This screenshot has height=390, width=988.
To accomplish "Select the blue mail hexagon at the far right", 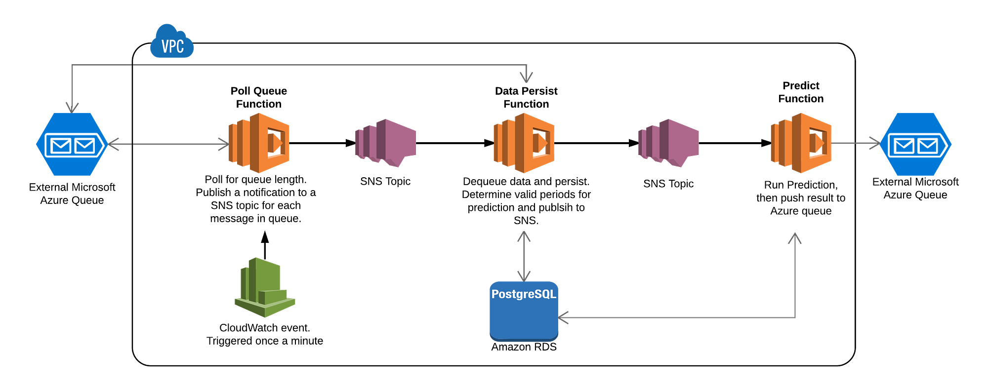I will [916, 144].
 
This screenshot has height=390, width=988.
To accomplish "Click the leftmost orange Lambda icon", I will [260, 143].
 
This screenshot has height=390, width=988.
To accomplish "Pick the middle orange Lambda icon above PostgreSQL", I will [524, 143].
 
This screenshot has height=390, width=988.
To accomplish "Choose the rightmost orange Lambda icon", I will [801, 143].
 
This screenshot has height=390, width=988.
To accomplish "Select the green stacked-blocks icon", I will [265, 287].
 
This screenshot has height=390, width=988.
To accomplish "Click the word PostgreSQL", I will [524, 294].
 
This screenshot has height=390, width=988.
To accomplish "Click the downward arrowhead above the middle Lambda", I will [527, 78].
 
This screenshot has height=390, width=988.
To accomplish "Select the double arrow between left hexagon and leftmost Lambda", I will [168, 144].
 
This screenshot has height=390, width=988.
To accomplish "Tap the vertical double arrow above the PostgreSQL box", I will [524, 255].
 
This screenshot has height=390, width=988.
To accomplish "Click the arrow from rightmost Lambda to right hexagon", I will [856, 143].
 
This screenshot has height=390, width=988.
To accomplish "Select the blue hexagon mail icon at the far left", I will [71, 144].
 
